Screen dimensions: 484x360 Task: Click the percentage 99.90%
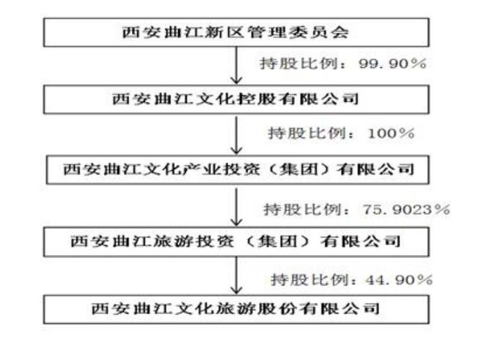click(392, 64)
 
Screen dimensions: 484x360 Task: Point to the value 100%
click(391, 133)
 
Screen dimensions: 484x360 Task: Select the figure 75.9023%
click(406, 210)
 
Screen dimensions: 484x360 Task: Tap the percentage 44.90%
click(398, 280)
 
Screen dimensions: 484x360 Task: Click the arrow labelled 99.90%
click(236, 65)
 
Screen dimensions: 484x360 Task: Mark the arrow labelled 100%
click(236, 135)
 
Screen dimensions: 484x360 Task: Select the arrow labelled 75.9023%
click(236, 205)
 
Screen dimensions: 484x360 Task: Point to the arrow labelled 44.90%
click(236, 276)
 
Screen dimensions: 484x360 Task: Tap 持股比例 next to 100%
click(307, 133)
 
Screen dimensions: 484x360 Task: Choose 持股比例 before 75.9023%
click(302, 210)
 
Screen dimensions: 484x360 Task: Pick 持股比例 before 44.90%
click(309, 280)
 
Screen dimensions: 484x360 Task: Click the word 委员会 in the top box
click(318, 32)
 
